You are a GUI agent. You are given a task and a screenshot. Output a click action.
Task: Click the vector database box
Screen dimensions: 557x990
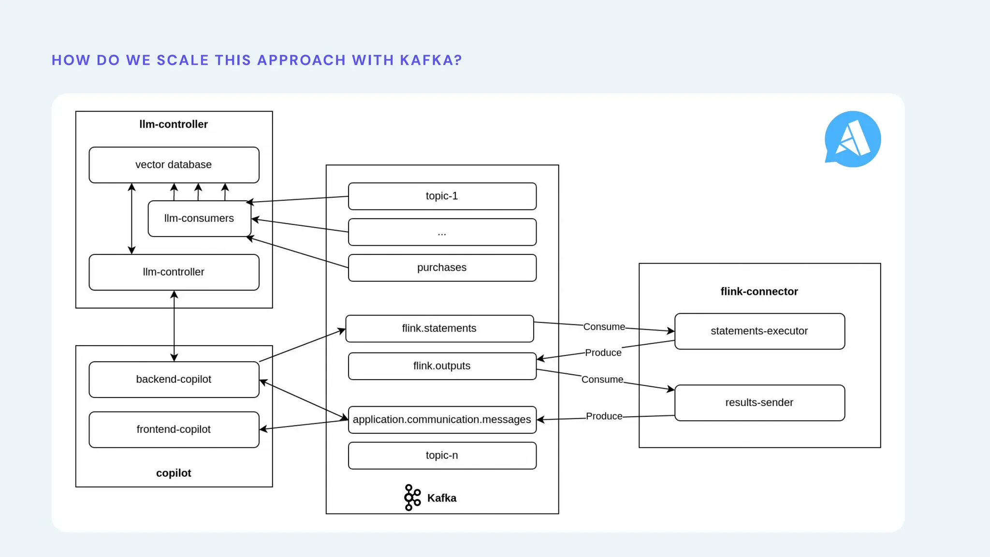[174, 165]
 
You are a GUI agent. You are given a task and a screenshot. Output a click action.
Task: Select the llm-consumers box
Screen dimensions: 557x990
[199, 219]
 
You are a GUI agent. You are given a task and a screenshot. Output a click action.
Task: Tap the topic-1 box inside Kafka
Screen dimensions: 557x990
[442, 196]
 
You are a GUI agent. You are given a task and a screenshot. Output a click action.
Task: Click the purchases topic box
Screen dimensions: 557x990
[442, 268]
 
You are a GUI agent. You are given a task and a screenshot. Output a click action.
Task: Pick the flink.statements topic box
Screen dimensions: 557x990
[439, 329]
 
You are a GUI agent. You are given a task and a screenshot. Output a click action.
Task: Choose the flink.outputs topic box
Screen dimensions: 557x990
[442, 366]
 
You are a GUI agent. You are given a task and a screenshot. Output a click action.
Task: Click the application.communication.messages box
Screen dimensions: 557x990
[442, 420]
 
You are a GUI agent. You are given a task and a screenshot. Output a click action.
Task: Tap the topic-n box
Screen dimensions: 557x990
[442, 455]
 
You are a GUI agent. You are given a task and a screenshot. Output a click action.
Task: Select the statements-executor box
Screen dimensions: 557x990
[759, 331]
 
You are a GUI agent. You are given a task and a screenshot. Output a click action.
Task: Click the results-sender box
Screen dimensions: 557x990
[759, 403]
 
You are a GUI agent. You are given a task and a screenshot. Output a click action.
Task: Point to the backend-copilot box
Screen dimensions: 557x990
[174, 380]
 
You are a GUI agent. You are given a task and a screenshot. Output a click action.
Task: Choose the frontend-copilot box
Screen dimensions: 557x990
[174, 429]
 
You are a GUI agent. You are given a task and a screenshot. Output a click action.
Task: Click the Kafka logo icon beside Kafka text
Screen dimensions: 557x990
[412, 498]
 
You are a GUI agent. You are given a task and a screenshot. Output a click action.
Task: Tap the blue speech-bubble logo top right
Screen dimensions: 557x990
[853, 139]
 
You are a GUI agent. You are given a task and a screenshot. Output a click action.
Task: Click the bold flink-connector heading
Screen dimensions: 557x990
[759, 292]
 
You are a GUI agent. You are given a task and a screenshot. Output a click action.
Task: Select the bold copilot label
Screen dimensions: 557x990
[174, 473]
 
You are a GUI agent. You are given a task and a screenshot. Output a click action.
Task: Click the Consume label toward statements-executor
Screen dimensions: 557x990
[604, 327]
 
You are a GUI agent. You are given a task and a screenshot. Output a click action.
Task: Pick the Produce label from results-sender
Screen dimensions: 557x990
[604, 416]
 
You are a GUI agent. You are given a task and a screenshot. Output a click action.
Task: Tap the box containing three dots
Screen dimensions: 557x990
[442, 232]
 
